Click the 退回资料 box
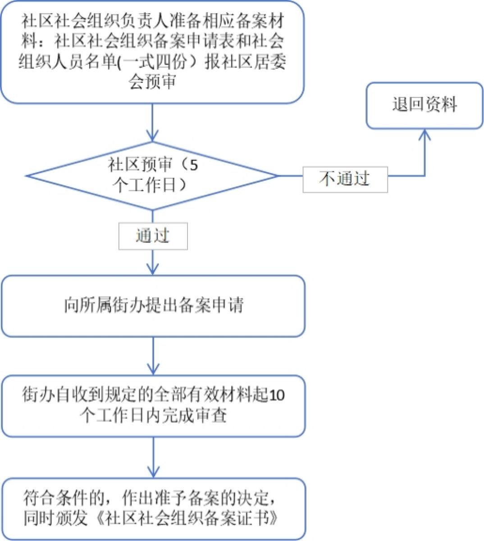424,105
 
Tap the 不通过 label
345,179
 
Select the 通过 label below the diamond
153,236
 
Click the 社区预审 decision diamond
153,176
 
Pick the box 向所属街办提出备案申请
153,306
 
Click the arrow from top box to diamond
153,122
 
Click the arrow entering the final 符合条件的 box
153,458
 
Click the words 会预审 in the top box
153,82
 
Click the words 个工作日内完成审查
153,415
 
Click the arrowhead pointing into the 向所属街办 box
153,269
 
